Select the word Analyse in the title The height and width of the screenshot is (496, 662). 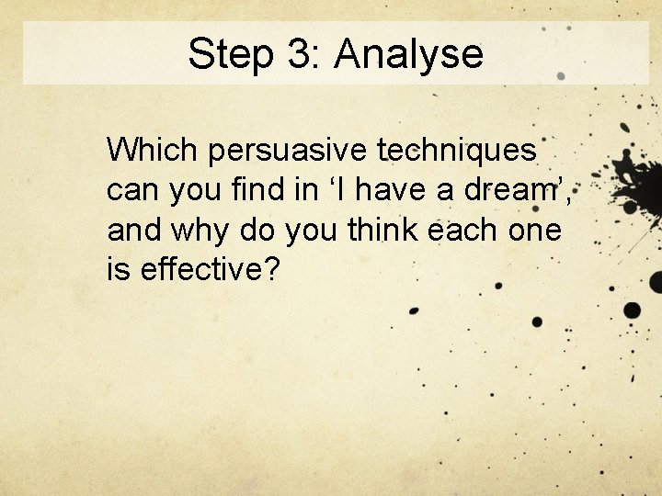click(x=408, y=54)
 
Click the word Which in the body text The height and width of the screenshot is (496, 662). click(x=153, y=148)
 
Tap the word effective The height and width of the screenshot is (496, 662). click(x=194, y=269)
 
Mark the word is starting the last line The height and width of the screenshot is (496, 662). click(x=118, y=269)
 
